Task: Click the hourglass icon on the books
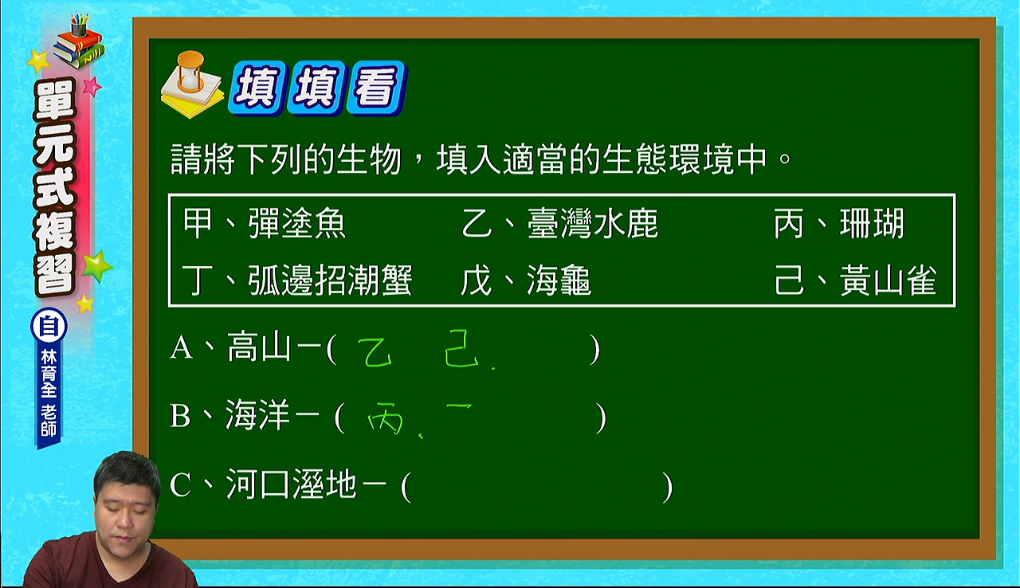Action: pyautogui.click(x=191, y=72)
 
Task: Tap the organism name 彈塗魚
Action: pyautogui.click(x=297, y=223)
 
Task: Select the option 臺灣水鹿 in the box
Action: pyautogui.click(x=593, y=223)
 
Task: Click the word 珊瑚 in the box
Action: pyautogui.click(x=872, y=223)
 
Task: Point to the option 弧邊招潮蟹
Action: pyautogui.click(x=330, y=280)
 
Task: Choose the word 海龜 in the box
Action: pyautogui.click(x=559, y=280)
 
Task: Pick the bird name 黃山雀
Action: pyautogui.click(x=888, y=280)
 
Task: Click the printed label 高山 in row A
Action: pyautogui.click(x=259, y=347)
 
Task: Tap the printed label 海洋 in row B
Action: pyautogui.click(x=257, y=415)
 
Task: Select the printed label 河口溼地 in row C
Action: pyautogui.click(x=291, y=484)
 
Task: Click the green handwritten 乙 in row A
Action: pyautogui.click(x=375, y=352)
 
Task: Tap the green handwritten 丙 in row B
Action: pyautogui.click(x=385, y=417)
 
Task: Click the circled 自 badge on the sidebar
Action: pyautogui.click(x=49, y=327)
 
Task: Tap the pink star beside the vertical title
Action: pyautogui.click(x=92, y=86)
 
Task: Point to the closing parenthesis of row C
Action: pyautogui.click(x=667, y=487)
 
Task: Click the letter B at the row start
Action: pyautogui.click(x=180, y=416)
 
